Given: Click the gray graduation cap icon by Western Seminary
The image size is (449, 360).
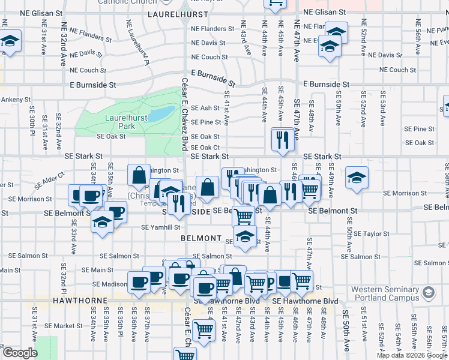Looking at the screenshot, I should (429, 293).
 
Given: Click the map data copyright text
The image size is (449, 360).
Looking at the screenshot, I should (412, 355).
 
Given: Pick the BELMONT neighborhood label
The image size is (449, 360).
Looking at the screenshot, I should (201, 238).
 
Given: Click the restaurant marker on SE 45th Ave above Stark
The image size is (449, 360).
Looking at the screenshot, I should (281, 140).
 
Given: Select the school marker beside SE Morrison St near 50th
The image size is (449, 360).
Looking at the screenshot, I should (357, 178).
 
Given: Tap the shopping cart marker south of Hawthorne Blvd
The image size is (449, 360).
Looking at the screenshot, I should (204, 329).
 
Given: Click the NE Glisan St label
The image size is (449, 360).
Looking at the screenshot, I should (325, 12).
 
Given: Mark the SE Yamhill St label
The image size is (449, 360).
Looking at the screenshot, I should (161, 227).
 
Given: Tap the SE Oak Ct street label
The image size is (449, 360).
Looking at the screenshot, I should (205, 148).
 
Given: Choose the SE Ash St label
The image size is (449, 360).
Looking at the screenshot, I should (206, 108).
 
